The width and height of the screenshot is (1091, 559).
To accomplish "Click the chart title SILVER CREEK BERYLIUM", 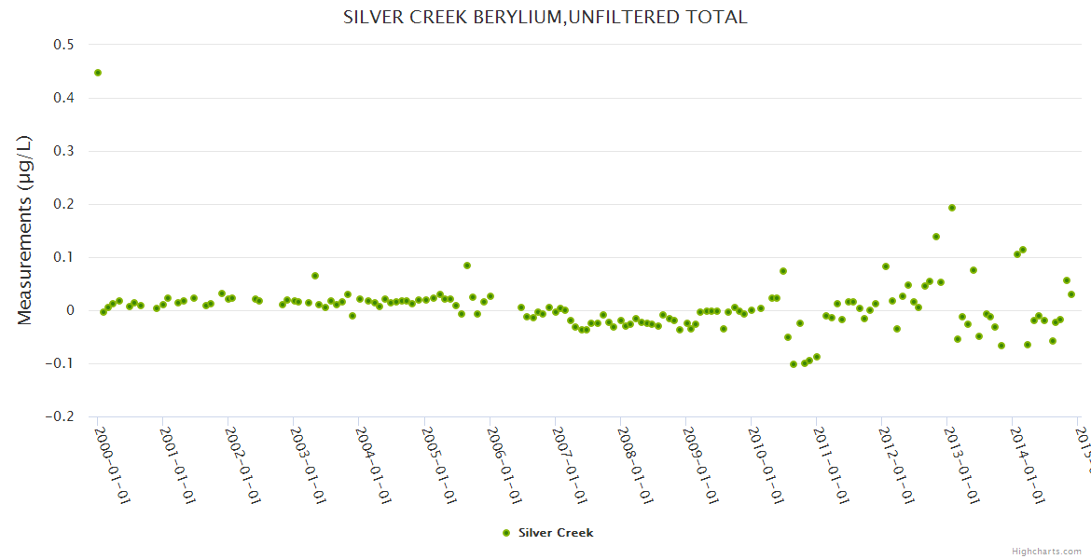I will pos(545,17).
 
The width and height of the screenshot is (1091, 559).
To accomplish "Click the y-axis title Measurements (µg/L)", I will pos(25,229).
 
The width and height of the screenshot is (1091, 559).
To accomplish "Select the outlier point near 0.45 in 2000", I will pos(98,73).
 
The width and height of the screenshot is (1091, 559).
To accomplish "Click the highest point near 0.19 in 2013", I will pos(952,208).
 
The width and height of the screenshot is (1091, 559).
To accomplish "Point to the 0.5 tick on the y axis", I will pos(64,44).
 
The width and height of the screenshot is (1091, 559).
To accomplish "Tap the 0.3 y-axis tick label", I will pos(64,151).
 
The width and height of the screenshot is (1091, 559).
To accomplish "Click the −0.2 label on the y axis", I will pos(61,417).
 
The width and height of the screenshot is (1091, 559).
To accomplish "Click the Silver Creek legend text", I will pos(556,533).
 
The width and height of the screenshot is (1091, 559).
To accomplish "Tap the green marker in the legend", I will pos(506,533).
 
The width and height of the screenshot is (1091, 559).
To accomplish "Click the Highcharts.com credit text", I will pos(1046,551).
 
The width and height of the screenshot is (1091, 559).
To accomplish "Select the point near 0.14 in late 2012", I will pos(936,237).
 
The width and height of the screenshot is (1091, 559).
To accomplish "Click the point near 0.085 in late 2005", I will pos(467,266).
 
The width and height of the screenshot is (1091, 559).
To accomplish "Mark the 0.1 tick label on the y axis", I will pos(64,257).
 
